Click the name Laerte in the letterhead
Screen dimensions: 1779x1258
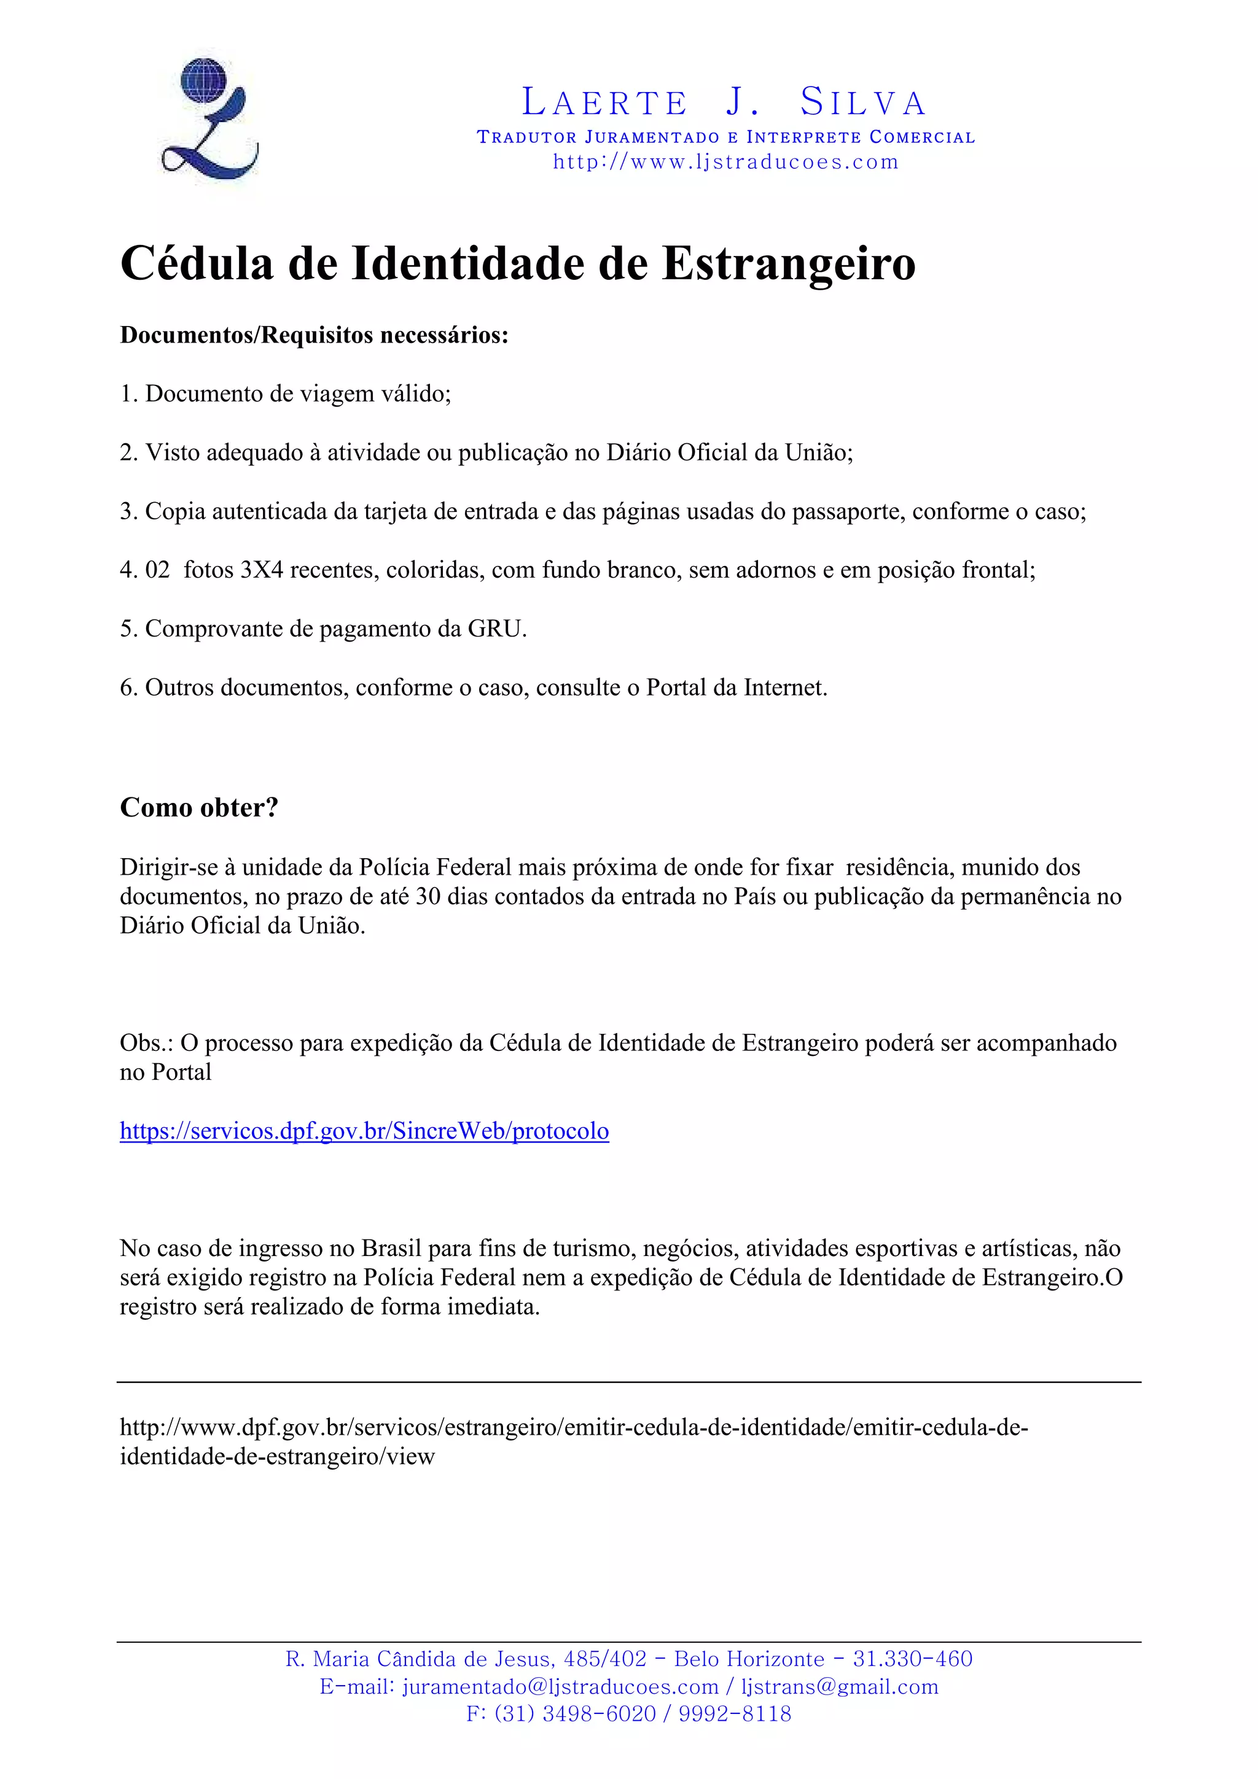tap(604, 103)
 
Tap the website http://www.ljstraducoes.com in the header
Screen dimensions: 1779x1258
tap(725, 162)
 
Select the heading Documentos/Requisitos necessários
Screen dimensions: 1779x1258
tap(314, 336)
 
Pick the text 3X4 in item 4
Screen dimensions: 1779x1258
tap(261, 570)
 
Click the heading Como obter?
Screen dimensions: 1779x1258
tap(199, 807)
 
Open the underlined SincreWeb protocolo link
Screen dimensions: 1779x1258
tap(364, 1131)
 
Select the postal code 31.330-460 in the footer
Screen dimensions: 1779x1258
tap(912, 1659)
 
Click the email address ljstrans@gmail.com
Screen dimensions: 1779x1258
tap(840, 1687)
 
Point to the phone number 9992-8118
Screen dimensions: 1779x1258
tap(735, 1713)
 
